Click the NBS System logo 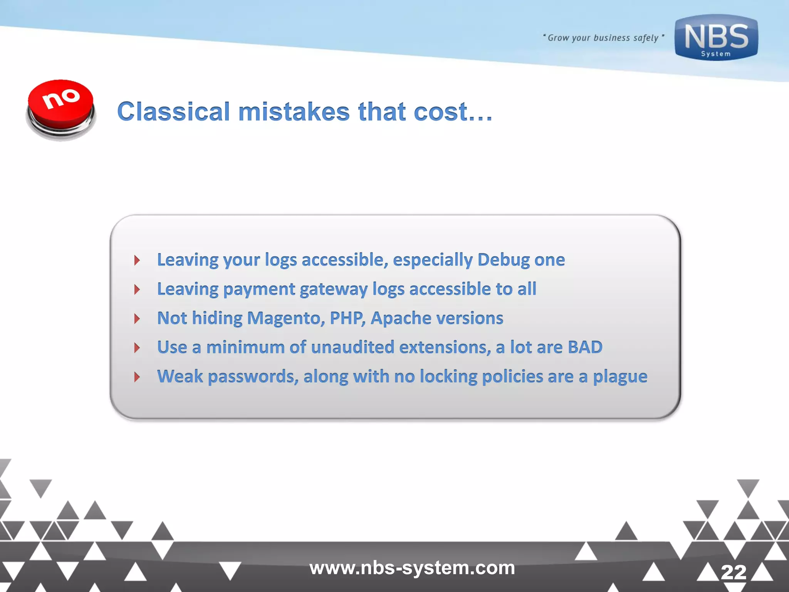point(716,38)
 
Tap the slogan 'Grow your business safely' point(603,38)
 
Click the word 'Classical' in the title point(174,112)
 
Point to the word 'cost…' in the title point(453,112)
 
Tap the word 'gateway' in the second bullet point(334,289)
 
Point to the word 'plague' point(620,377)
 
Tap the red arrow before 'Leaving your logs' point(137,260)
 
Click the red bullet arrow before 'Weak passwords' point(137,377)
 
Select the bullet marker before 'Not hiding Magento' point(137,319)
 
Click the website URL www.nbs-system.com point(412,568)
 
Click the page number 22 point(734,572)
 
